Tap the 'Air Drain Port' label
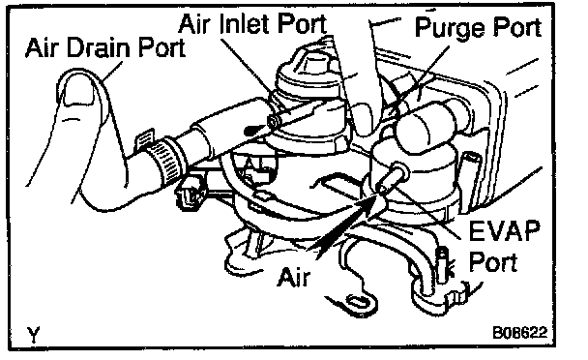(x=105, y=47)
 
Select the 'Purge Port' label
(x=479, y=27)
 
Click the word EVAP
(x=505, y=230)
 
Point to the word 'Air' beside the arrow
(x=294, y=277)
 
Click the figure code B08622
(x=519, y=332)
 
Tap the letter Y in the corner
(x=34, y=335)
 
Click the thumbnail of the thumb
(x=79, y=88)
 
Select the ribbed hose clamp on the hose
(x=165, y=163)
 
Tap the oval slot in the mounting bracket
(x=359, y=301)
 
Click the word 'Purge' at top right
(x=449, y=28)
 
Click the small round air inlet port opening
(x=273, y=121)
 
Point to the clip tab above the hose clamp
(x=145, y=139)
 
